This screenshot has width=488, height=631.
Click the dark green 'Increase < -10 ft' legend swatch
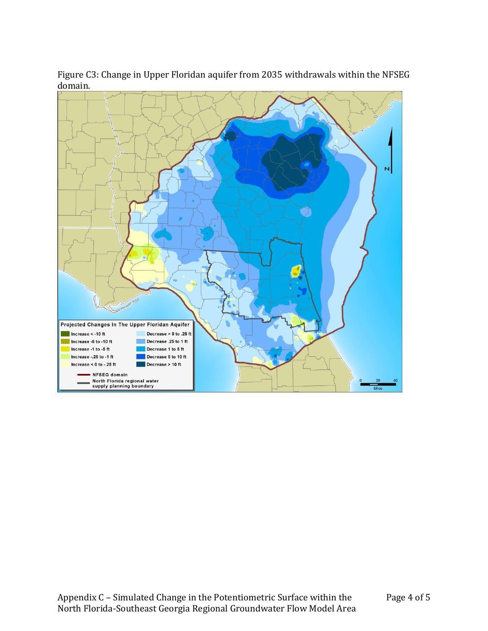coord(65,334)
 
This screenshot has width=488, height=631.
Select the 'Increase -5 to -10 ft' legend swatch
coord(65,342)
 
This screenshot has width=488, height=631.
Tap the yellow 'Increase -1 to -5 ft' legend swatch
coord(65,349)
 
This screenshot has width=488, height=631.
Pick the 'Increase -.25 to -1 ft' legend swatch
coord(65,357)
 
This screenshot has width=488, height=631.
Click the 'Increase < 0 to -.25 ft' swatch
coord(65,364)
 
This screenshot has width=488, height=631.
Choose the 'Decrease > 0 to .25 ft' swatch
coord(140,334)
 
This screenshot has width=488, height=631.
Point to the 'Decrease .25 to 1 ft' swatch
coord(140,342)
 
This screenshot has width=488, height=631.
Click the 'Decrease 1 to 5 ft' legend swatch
coord(140,349)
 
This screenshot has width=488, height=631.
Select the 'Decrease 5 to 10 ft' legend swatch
coord(140,357)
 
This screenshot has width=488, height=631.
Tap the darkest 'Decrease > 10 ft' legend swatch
coord(140,364)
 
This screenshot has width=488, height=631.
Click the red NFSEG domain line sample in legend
coord(83,375)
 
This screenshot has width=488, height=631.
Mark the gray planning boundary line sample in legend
coord(83,383)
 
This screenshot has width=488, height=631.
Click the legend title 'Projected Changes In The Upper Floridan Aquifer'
coord(125,325)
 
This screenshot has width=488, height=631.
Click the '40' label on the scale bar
coord(395,381)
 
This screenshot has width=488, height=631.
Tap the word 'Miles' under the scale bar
coord(378,389)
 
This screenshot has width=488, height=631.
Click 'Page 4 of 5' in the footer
coord(408,597)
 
